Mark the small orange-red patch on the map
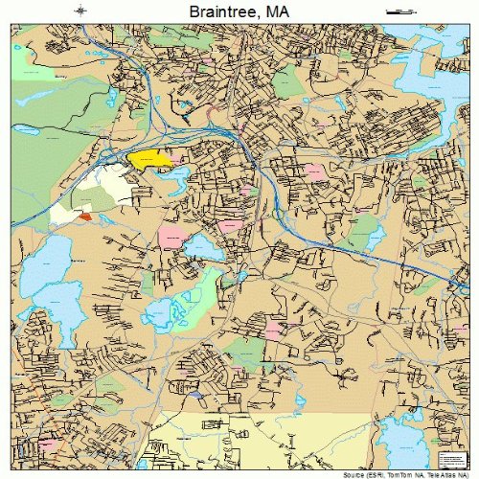(x=85, y=217)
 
